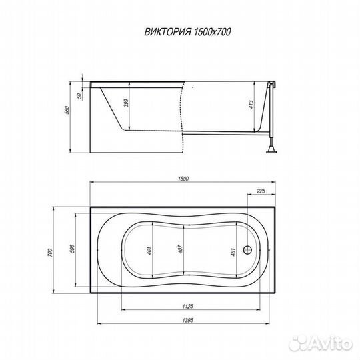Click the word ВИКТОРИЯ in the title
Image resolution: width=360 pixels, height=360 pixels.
coord(168,32)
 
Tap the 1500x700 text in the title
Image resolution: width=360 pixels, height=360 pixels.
coord(213,32)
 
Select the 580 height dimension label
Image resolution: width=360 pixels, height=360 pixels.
coord(67,111)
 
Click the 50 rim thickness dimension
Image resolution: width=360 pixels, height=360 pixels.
coord(80,96)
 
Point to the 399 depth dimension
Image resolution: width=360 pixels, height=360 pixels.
coord(126,103)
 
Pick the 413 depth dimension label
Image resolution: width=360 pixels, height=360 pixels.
coord(251,105)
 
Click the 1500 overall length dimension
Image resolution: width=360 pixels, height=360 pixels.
coord(183,179)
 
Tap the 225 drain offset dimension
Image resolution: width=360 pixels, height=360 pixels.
coord(261,191)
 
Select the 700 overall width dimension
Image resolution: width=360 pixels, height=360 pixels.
coord(50,253)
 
